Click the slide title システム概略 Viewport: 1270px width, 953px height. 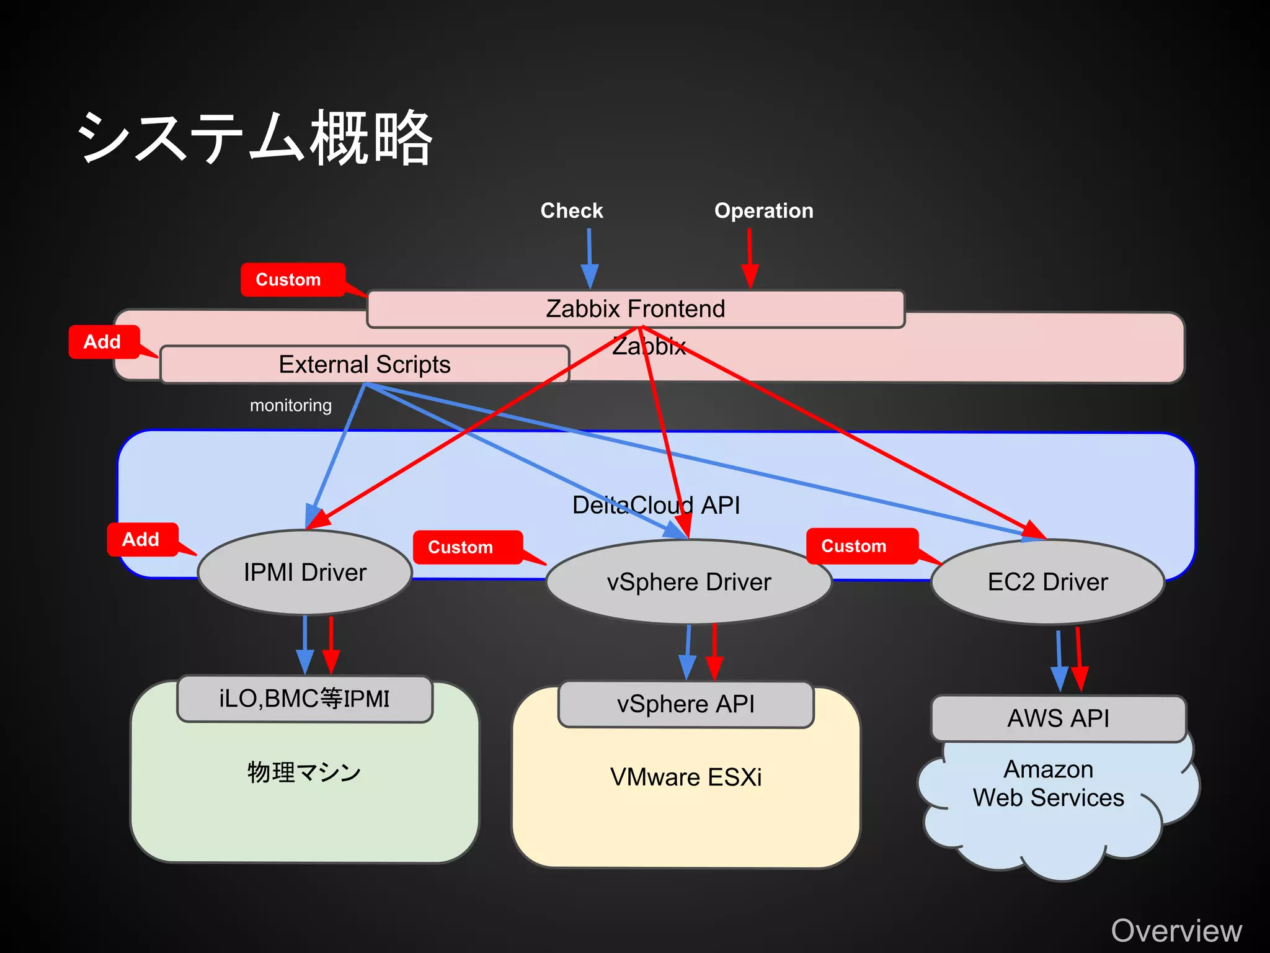tap(254, 138)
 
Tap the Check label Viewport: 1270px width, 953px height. tap(571, 211)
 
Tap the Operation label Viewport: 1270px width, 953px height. tap(763, 211)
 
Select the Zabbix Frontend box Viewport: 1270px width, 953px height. tap(635, 308)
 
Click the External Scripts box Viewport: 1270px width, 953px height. tap(365, 364)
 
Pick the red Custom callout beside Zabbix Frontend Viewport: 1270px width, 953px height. tap(289, 280)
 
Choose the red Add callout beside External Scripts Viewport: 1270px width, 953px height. tap(103, 342)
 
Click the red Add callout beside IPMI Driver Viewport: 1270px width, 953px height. tap(141, 539)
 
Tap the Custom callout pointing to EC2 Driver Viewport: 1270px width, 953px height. tap(855, 546)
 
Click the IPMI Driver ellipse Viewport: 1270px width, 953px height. tap(305, 572)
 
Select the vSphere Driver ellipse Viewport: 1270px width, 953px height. tap(688, 582)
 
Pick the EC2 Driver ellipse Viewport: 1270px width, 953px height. tap(1047, 582)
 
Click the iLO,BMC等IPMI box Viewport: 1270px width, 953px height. tap(304, 699)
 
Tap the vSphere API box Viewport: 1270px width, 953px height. tap(686, 704)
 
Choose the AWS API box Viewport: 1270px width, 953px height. tap(1058, 718)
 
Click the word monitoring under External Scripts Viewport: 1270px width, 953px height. tap(291, 406)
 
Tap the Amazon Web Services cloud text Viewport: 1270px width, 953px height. tap(1048, 784)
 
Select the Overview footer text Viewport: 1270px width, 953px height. tap(1176, 931)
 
